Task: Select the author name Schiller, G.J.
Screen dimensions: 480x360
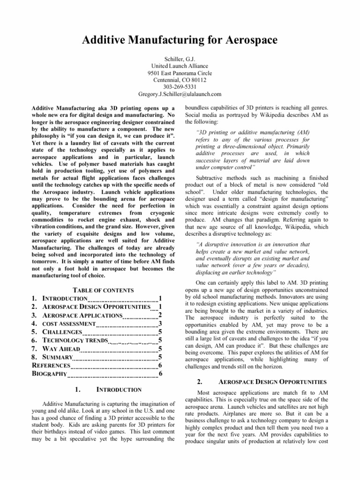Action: coord(180,59)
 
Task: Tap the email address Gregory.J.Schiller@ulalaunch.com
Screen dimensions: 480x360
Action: coord(180,94)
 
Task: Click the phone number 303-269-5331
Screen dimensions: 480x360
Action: coord(180,87)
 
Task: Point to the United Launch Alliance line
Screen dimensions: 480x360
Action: coord(180,66)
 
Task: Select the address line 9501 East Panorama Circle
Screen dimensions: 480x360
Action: coord(180,73)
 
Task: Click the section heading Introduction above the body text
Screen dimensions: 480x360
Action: coord(119,390)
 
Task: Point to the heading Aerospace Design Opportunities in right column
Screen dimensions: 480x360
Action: coord(280,382)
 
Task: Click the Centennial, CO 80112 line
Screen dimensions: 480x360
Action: coord(180,80)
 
